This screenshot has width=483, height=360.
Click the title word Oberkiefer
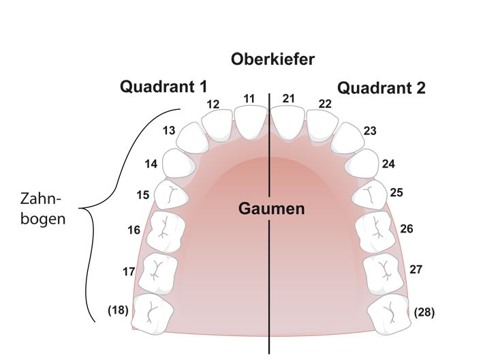[272, 59]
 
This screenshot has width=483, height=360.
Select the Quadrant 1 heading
[163, 87]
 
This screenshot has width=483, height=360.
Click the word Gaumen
[270, 209]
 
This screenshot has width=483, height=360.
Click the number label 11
[249, 98]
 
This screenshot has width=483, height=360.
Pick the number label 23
[370, 131]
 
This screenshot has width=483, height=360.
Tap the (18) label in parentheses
[119, 310]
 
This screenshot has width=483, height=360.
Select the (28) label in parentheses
[424, 313]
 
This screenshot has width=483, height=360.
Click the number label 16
[134, 230]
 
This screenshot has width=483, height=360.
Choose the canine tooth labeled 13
[191, 138]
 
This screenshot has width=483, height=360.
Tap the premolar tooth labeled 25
[369, 194]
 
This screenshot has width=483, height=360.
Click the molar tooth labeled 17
[157, 271]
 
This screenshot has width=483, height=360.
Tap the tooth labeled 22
[322, 125]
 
